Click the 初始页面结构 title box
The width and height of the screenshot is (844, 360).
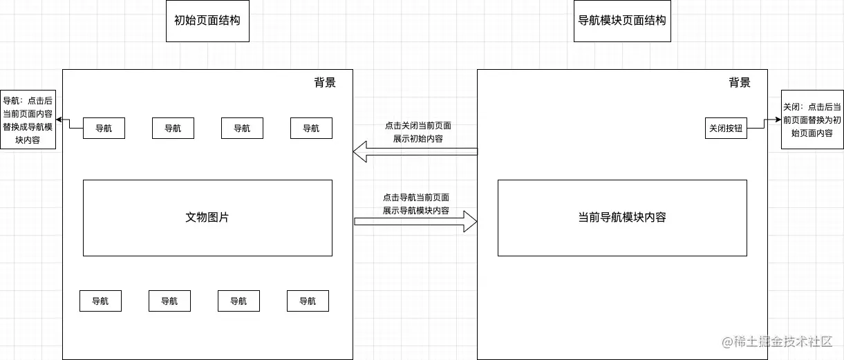(207, 21)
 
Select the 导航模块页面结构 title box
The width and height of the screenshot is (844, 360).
(622, 21)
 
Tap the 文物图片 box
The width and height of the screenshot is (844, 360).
(207, 218)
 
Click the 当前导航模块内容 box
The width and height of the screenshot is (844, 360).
(622, 218)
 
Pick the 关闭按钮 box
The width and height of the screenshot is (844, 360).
(726, 129)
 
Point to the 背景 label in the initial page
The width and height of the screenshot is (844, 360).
(325, 83)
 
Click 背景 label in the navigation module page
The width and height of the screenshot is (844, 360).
(740, 83)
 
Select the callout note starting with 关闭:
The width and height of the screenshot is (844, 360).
(812, 120)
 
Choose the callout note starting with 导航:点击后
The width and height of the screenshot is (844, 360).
(28, 120)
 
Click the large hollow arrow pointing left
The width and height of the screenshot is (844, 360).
(415, 152)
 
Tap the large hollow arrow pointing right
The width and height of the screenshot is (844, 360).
(415, 221)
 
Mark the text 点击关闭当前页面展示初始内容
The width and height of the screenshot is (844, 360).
(418, 132)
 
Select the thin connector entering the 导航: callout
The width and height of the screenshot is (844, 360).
(70, 123)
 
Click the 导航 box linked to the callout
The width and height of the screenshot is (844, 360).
(104, 129)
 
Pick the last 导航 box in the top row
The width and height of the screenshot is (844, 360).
(311, 129)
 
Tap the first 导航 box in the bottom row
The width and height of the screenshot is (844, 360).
(100, 301)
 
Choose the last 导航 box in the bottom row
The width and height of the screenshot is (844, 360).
(308, 301)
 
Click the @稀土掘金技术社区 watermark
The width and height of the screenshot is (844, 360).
(778, 342)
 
